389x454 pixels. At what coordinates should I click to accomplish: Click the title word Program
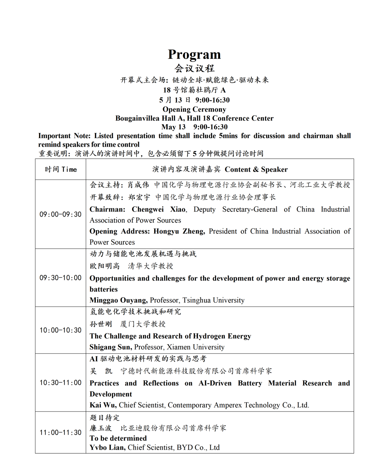tap(194, 54)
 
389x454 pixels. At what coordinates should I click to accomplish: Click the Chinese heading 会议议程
tap(194, 68)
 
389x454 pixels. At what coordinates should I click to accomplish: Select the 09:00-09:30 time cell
tap(61, 214)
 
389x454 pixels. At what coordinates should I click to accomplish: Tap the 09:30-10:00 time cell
tap(61, 278)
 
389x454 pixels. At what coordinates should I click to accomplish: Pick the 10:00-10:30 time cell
tap(61, 330)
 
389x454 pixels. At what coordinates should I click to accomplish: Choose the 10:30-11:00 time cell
tap(61, 383)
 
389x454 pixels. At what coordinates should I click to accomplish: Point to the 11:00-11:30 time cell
tap(61, 432)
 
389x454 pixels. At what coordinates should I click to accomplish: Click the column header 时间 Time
tap(61, 169)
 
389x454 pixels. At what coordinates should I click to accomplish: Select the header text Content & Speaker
tap(256, 169)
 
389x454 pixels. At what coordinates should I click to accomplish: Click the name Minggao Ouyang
tap(119, 300)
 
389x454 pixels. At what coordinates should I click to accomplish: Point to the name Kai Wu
tap(103, 405)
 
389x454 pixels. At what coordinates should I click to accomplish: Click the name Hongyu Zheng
tap(179, 231)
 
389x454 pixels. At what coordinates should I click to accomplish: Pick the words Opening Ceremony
tap(194, 110)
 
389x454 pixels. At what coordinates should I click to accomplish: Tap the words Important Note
tap(64, 136)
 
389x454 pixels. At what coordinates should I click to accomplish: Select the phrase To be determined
tap(118, 438)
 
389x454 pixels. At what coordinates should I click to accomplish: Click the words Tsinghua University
tap(213, 300)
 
